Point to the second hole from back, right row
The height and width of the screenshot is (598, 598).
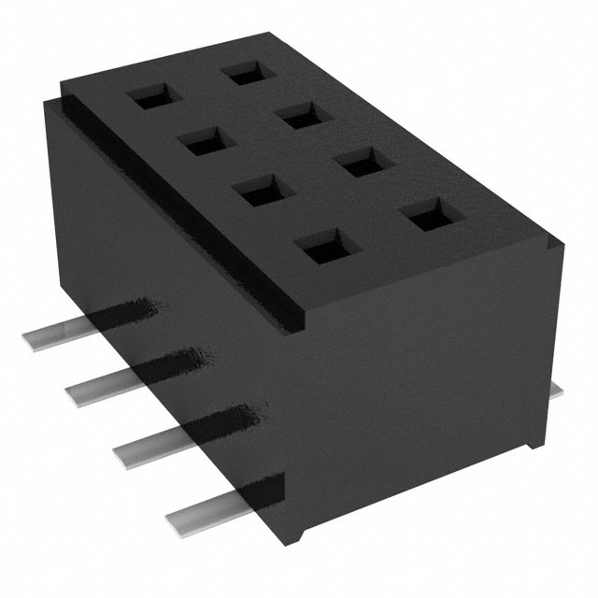click(x=301, y=116)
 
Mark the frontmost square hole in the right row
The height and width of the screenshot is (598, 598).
click(x=428, y=219)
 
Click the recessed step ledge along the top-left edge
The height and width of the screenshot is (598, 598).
click(x=178, y=196)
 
